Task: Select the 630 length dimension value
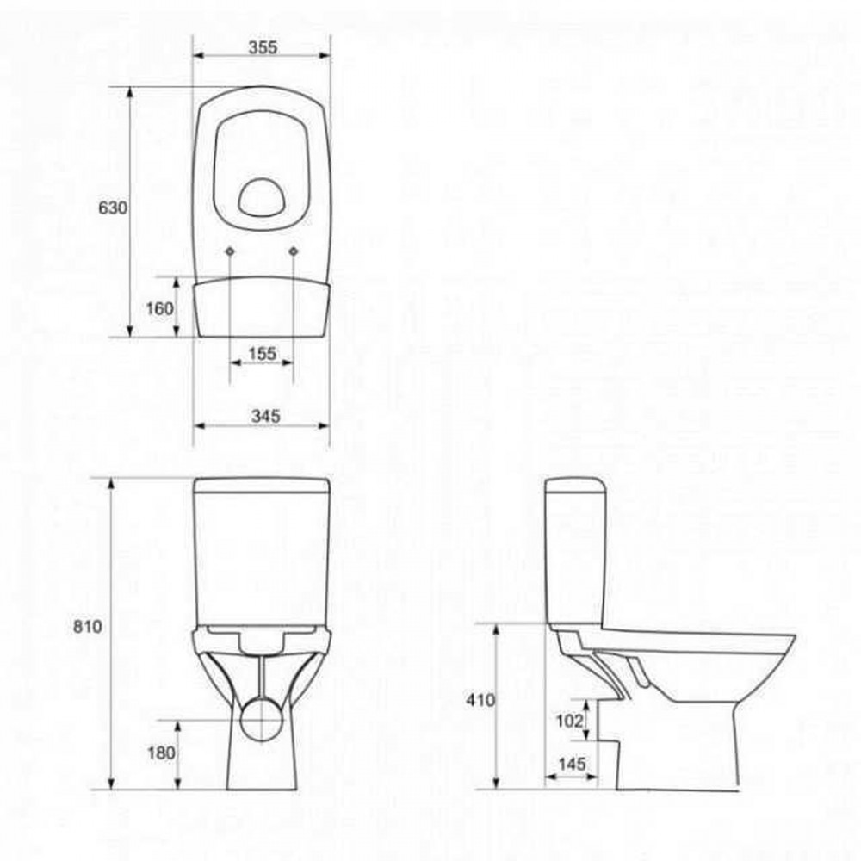[x=113, y=208]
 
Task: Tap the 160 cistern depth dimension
[x=160, y=308]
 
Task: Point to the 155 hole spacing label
[x=262, y=353]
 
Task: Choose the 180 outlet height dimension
[x=161, y=753]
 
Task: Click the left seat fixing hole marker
[x=232, y=251]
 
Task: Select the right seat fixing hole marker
[x=294, y=251]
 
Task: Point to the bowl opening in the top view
[x=262, y=196]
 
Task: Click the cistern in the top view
[x=262, y=307]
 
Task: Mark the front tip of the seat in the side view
[x=790, y=641]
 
